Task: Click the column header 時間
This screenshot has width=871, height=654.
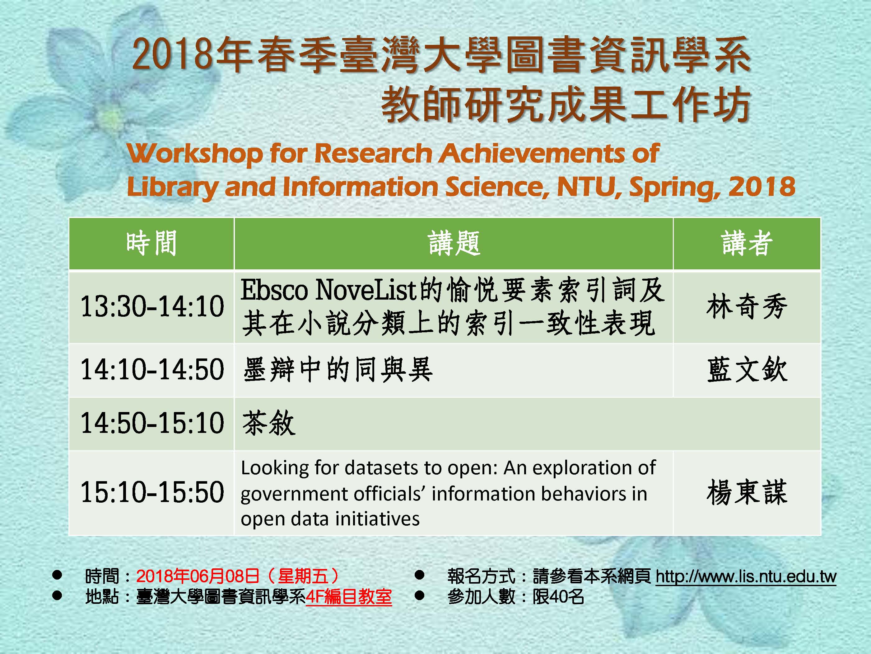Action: coord(151,243)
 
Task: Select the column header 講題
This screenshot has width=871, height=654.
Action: coord(454,243)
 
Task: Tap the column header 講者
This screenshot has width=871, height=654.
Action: coord(747,243)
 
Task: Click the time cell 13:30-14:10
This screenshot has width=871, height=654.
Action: coord(152,306)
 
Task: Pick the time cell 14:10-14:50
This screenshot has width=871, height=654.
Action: coord(152,369)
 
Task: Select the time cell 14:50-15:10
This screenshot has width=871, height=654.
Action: coord(152,423)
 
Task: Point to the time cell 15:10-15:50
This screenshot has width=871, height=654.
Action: coord(152,492)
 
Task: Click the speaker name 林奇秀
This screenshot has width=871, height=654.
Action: coord(747,306)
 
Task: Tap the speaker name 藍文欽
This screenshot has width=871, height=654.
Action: coord(747,369)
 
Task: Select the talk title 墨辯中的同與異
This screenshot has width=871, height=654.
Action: coord(338,369)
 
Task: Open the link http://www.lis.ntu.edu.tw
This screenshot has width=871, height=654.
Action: coord(746,576)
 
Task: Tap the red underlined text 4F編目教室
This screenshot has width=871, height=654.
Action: coord(349,597)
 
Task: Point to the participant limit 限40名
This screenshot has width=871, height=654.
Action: coord(558,597)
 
